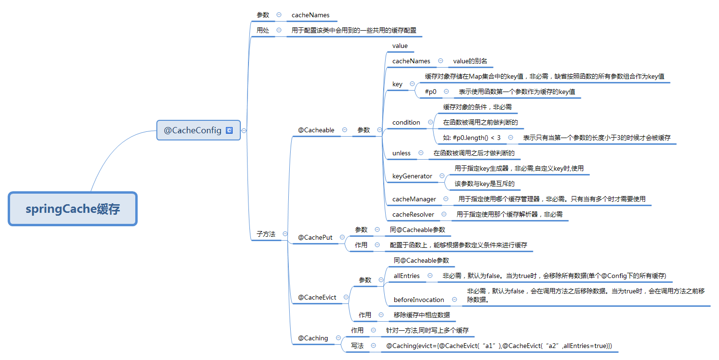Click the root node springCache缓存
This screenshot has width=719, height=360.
pyautogui.click(x=73, y=209)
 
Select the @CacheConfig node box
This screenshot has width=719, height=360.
pyautogui.click(x=199, y=130)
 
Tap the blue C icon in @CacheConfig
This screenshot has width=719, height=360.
pyautogui.click(x=229, y=130)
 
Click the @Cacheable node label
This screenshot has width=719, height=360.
pyautogui.click(x=316, y=130)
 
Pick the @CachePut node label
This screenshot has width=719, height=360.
pyautogui.click(x=315, y=237)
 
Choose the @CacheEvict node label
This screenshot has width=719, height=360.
pyautogui.click(x=317, y=297)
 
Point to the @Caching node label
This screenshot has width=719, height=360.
pyautogui.click(x=313, y=338)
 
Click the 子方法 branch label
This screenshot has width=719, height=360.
pyautogui.click(x=266, y=234)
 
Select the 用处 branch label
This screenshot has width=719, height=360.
pyautogui.click(x=262, y=30)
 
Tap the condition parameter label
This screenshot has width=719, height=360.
pyautogui.click(x=406, y=122)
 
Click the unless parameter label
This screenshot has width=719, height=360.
pyautogui.click(x=401, y=153)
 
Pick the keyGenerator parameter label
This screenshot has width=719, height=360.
pyautogui.click(x=412, y=176)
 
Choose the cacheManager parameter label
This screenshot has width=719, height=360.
pyautogui.click(x=414, y=199)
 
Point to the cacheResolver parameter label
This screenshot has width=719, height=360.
pyautogui.click(x=413, y=214)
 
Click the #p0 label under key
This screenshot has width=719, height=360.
pyautogui.click(x=431, y=92)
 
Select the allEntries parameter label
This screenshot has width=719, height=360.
pyautogui.click(x=407, y=276)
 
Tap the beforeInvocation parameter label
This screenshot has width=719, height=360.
pyautogui.click(x=419, y=300)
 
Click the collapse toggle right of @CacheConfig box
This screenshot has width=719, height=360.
pyautogui.click(x=244, y=130)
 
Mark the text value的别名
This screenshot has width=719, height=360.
pyautogui.click(x=470, y=61)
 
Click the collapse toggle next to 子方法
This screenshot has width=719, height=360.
pyautogui.click(x=285, y=234)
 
